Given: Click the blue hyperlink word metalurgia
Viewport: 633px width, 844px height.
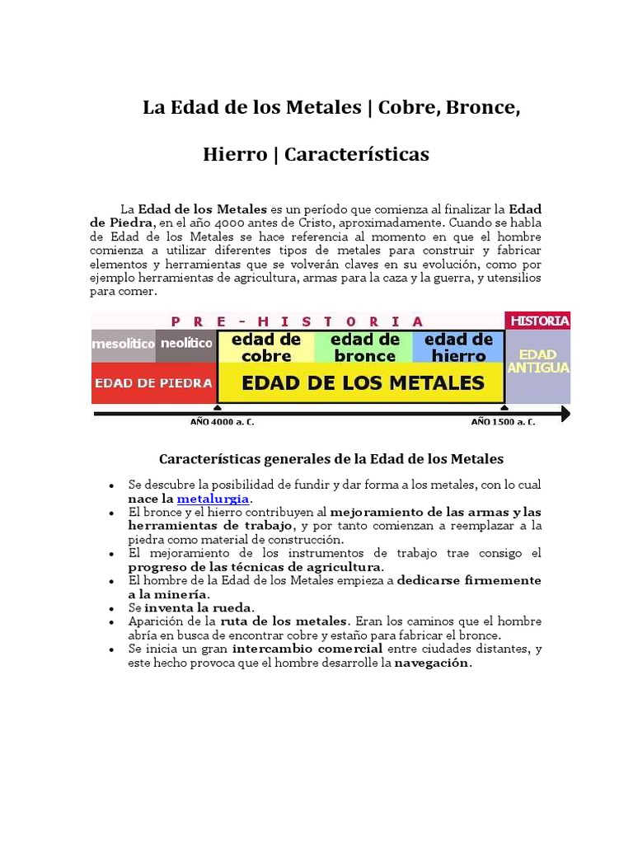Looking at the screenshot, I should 213,499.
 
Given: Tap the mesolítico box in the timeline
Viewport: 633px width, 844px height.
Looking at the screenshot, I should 123,344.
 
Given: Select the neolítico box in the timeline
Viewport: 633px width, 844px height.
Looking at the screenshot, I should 186,343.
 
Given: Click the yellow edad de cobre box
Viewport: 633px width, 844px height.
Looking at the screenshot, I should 266,348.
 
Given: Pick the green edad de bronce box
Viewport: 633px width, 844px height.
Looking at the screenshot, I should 364,348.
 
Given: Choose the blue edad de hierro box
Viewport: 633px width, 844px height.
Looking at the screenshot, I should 458,348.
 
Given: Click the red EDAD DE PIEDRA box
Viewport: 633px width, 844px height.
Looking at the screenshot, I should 153,383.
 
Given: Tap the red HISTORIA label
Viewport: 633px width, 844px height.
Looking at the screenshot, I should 539,321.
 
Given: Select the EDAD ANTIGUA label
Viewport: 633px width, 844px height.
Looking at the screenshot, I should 538,362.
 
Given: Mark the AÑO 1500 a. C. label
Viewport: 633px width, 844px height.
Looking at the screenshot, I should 503,422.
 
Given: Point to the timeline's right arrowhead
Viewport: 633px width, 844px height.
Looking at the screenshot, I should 565,413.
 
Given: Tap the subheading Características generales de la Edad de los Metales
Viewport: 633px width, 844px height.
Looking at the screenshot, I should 331,458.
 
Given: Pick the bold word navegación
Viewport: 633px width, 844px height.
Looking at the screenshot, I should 433,663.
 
